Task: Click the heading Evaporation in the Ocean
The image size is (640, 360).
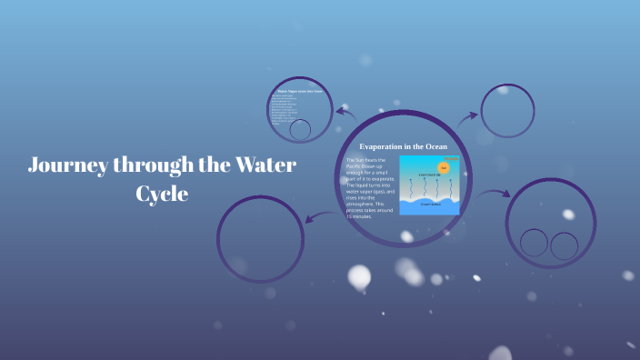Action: click(403, 146)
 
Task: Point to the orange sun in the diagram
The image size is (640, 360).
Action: click(444, 167)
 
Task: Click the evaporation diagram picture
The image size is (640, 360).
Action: click(429, 185)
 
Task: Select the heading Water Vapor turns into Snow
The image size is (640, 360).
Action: click(301, 92)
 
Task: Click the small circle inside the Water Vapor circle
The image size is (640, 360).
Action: click(300, 129)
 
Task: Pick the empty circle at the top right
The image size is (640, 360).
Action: click(507, 111)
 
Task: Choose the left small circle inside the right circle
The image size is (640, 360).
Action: click(535, 244)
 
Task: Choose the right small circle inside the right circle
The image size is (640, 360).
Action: click(565, 245)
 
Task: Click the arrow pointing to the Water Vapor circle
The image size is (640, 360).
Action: click(345, 112)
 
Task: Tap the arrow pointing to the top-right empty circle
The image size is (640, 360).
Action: click(467, 116)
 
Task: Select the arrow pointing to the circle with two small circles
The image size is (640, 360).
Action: click(495, 194)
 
